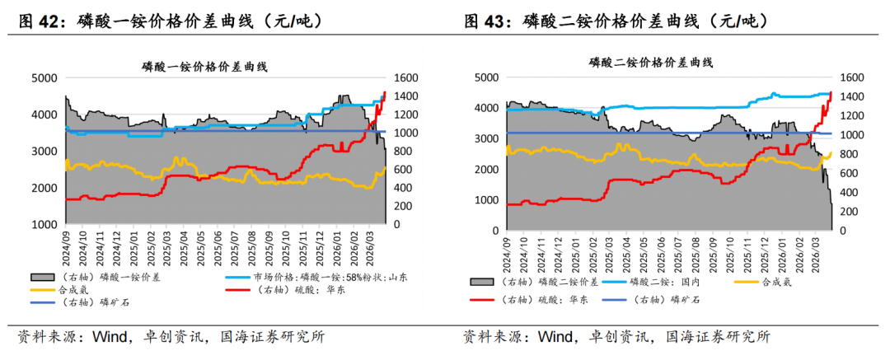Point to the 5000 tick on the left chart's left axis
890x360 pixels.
pos(44,78)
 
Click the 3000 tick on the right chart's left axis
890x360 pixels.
pos(486,138)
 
